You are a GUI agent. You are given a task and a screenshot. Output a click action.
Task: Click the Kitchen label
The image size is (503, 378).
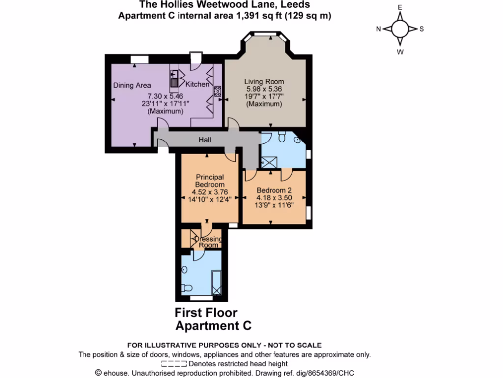197,84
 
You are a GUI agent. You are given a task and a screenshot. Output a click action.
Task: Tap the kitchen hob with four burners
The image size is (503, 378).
217,91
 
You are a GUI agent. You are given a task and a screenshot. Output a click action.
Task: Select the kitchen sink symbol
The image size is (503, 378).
174,79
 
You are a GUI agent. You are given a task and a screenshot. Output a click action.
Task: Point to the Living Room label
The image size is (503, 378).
264,82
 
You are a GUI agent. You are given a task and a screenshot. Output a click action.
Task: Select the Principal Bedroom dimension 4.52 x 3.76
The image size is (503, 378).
210,192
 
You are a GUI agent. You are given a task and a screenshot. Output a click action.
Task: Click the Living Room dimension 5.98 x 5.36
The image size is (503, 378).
264,89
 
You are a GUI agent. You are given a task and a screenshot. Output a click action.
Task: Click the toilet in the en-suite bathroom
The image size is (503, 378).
186,288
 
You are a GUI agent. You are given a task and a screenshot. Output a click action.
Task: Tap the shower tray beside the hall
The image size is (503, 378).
269,161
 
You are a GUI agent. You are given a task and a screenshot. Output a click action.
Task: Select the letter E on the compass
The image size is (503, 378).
400,7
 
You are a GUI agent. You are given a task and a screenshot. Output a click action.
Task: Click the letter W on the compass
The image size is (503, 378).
400,51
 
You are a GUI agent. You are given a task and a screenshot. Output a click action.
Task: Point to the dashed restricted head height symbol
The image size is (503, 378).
173,364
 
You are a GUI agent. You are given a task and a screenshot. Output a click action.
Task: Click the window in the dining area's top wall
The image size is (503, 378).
140,59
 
